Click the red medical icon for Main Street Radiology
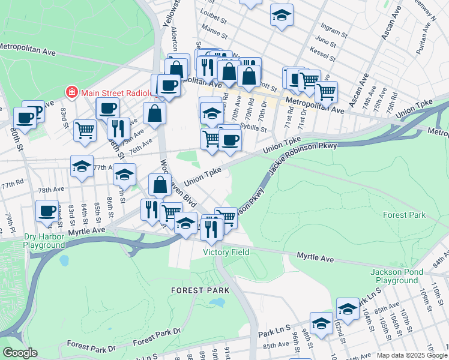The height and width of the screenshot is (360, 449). coord(71,92)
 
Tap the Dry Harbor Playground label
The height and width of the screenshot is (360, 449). coord(44,241)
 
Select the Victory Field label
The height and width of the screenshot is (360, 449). coord(226,252)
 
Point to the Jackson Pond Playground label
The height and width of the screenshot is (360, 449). coord(394,276)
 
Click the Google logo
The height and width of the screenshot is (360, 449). coord(20,353)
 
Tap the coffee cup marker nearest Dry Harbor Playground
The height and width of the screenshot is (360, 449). coord(47,211)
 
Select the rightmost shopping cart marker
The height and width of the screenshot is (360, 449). coord(327,92)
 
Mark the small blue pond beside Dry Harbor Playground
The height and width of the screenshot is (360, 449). coord(64,261)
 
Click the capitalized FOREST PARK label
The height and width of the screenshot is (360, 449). coord(192,290)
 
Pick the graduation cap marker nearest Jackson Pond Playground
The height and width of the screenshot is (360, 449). coord(348,309)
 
